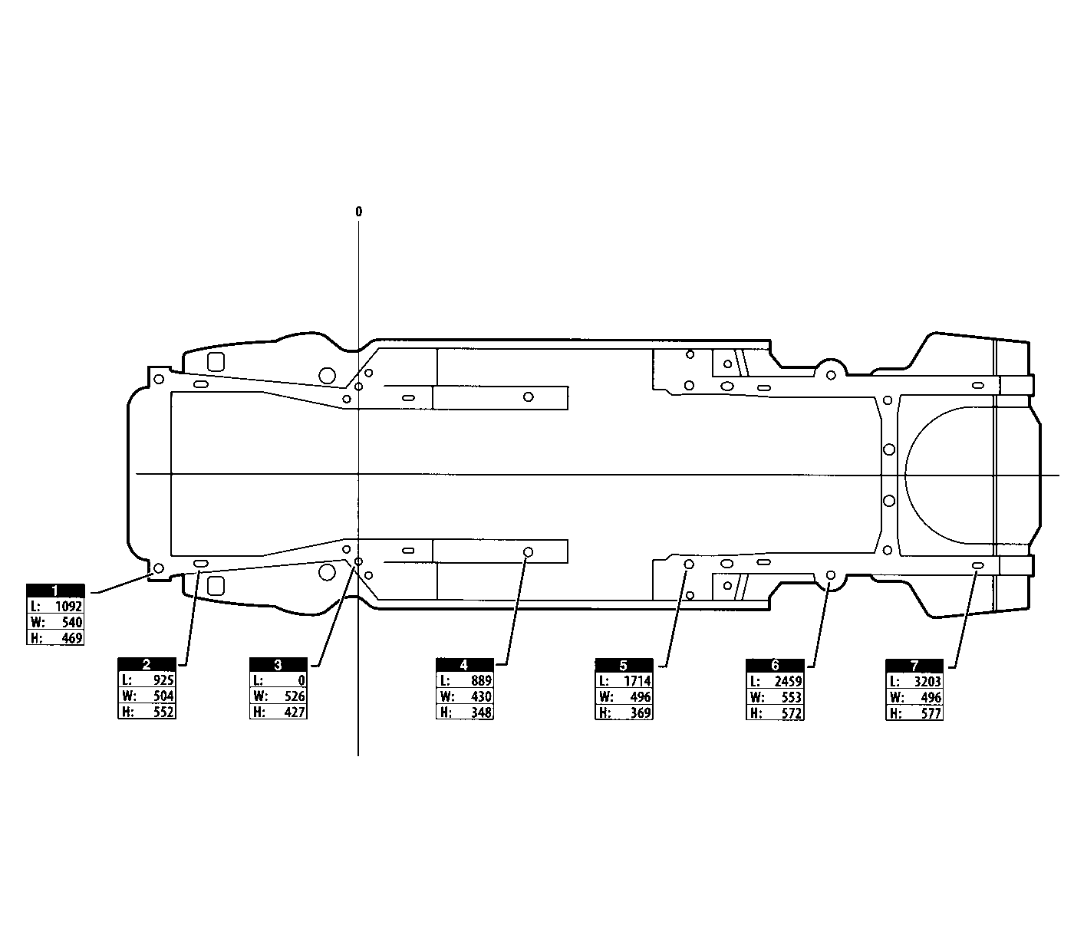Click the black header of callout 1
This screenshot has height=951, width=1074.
point(55,591)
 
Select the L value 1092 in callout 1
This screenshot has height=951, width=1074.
point(69,606)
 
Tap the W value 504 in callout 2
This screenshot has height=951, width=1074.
point(164,696)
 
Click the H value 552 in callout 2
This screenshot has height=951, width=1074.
point(164,712)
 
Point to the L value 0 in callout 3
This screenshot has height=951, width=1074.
point(301,680)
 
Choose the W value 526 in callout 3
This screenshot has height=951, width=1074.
point(295,696)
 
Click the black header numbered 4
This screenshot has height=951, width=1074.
point(464,665)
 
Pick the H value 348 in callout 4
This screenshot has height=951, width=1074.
point(481,712)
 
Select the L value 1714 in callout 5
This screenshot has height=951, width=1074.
point(637,680)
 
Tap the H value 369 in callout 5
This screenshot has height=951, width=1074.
point(641,713)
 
